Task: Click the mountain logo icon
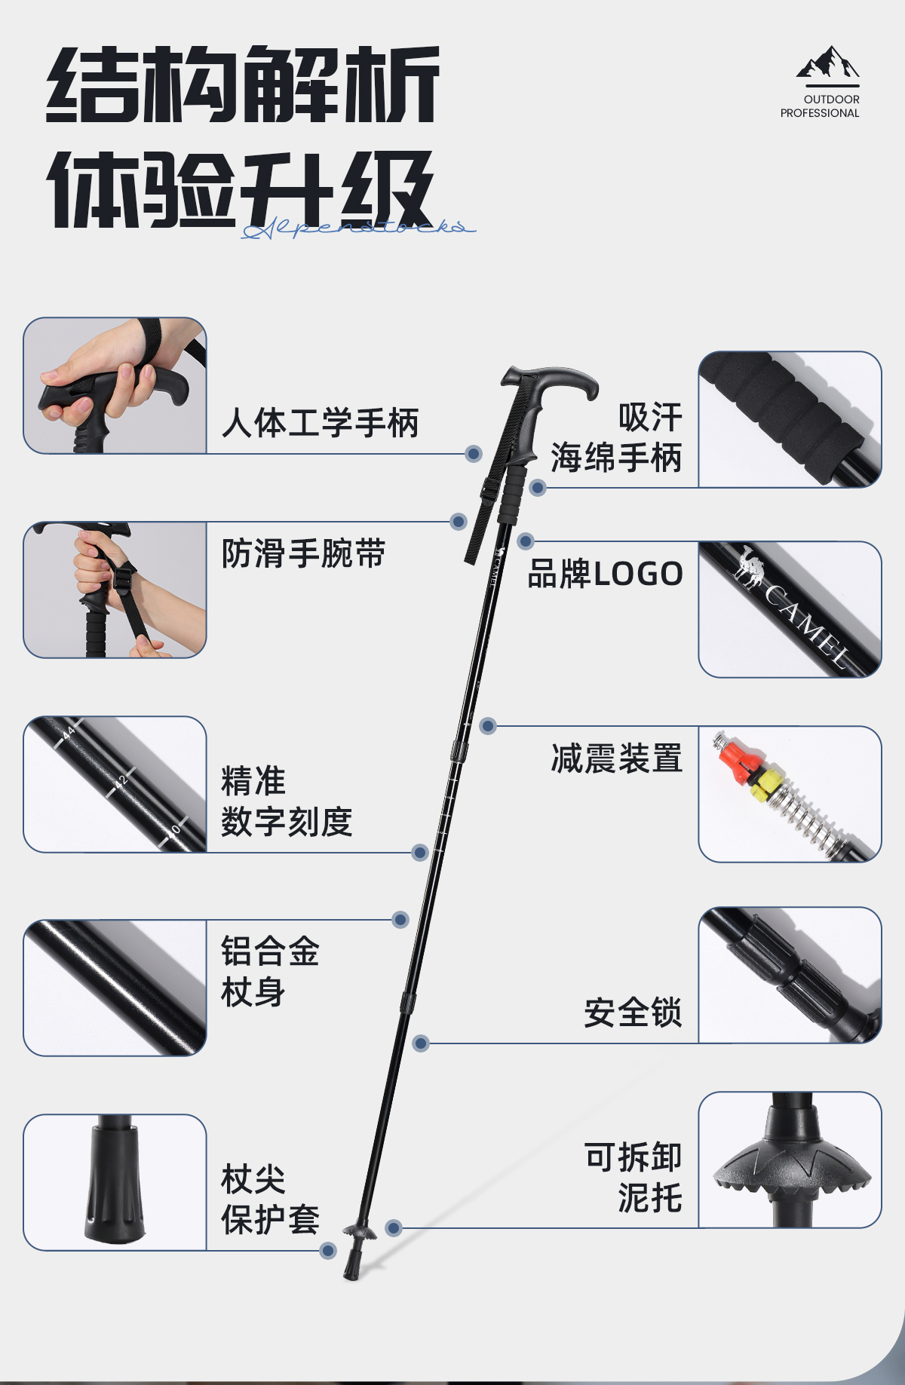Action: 827,63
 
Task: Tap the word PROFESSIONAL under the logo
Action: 820,113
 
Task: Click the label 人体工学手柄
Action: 320,423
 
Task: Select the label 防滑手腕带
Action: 303,553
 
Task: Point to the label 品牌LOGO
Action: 605,574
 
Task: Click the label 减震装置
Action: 616,758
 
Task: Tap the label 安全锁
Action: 633,1013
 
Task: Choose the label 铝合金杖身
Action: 269,971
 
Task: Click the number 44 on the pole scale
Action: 69,733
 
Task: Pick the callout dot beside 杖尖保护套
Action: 328,1251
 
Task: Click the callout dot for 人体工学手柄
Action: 474,453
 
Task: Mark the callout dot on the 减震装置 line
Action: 488,726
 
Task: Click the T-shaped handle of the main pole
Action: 551,381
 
